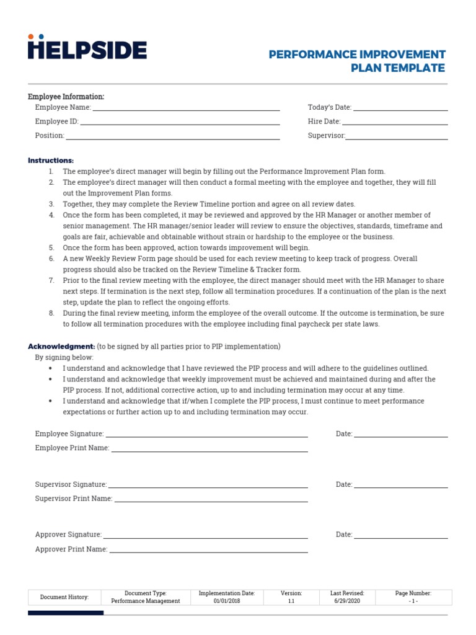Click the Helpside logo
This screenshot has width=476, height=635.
(x=87, y=48)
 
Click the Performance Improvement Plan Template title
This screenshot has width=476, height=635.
(x=357, y=61)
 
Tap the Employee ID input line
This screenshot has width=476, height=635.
(x=180, y=122)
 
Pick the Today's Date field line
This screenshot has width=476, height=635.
(x=400, y=108)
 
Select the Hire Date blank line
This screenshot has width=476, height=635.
(x=395, y=122)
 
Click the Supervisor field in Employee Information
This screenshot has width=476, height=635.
(x=397, y=136)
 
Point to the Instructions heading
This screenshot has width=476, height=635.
(x=51, y=161)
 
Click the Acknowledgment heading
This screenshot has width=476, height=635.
(x=61, y=346)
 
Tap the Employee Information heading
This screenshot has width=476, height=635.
(x=66, y=97)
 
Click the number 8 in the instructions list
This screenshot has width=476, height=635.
(x=51, y=313)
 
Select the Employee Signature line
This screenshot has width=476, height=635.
(x=206, y=435)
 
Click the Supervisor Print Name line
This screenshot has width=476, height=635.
(x=211, y=499)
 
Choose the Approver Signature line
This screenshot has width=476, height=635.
(x=205, y=535)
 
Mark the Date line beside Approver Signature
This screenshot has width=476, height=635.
(x=400, y=535)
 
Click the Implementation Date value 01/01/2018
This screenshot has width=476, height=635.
(x=226, y=601)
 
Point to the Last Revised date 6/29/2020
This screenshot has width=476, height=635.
(x=347, y=601)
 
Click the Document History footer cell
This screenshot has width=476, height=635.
(x=64, y=597)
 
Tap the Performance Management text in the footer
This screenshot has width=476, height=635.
(x=146, y=601)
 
